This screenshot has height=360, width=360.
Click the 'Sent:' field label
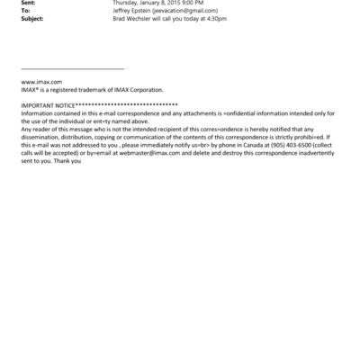click(27, 4)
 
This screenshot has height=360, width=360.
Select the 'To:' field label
click(25, 11)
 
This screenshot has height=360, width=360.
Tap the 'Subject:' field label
click(31, 18)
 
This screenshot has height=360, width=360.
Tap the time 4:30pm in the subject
click(215, 18)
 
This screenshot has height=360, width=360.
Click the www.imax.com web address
click(40, 82)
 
